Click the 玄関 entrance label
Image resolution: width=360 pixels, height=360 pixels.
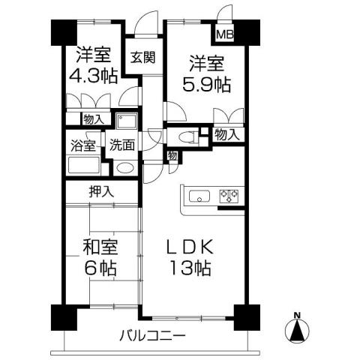tap(142, 58)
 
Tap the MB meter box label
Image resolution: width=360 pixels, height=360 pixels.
tap(224, 34)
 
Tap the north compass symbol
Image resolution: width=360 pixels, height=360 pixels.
tap(298, 328)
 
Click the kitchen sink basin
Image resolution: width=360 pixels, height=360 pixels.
tap(199, 197)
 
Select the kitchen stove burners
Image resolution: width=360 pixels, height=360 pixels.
tap(229, 197)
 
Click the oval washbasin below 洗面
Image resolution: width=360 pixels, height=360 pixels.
tap(124, 168)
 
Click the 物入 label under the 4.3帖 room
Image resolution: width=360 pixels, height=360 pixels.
tap(94, 118)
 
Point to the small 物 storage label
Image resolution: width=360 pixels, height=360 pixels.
tap(172, 155)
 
